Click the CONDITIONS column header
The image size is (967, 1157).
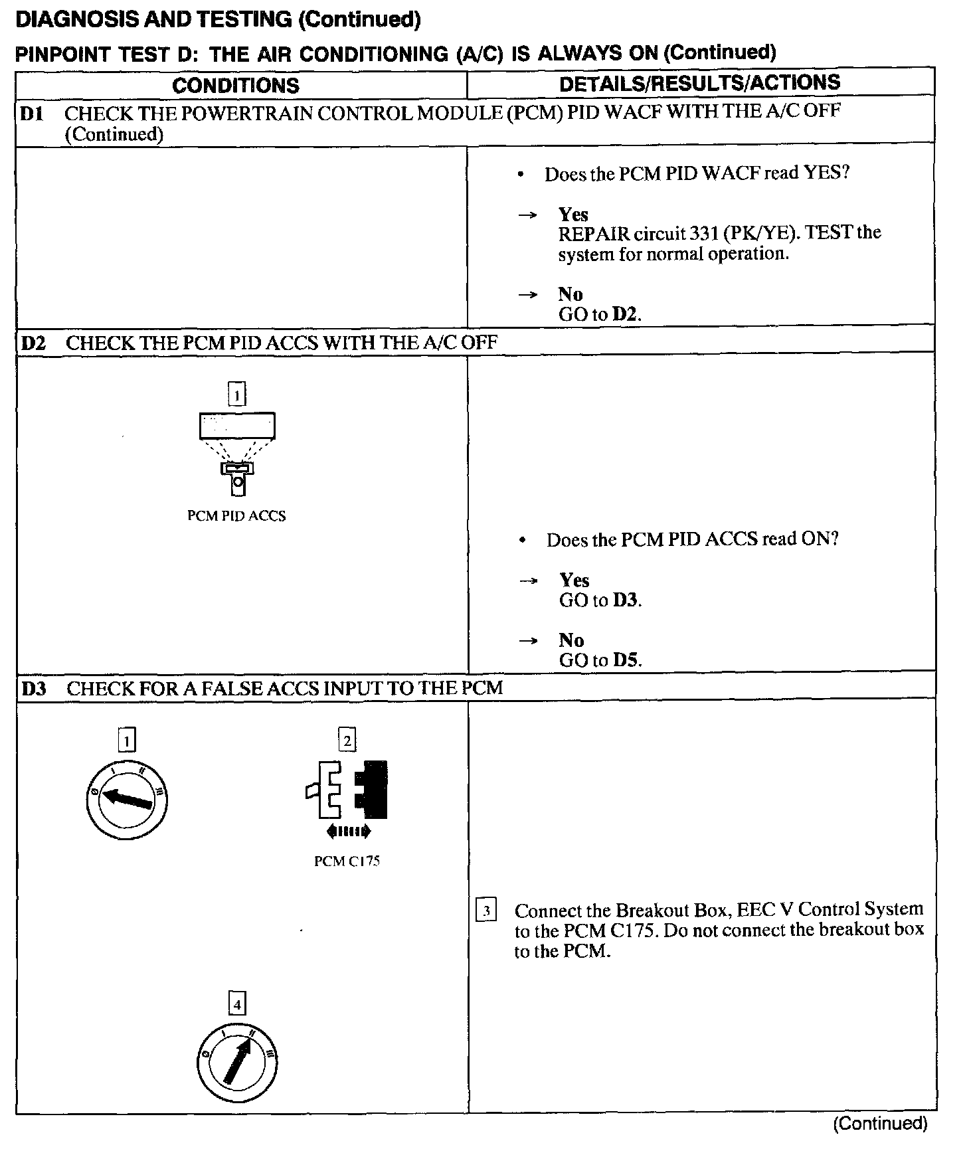tap(236, 86)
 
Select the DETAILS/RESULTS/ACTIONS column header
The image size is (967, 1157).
tap(699, 83)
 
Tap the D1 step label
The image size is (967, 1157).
tap(31, 114)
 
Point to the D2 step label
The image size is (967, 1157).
tap(33, 343)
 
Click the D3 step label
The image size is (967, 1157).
tap(34, 689)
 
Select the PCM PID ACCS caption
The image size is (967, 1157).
tap(236, 516)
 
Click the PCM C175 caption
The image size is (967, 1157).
tap(347, 861)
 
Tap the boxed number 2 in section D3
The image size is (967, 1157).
tap(347, 739)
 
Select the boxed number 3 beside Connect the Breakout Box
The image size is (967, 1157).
tap(486, 911)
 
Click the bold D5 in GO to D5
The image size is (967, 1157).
tap(627, 660)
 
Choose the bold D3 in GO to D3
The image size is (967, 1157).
tap(626, 600)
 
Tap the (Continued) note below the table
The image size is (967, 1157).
tap(880, 1123)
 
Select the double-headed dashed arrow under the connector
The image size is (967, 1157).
tap(347, 831)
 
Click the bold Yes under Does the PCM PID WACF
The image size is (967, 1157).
tap(573, 215)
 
